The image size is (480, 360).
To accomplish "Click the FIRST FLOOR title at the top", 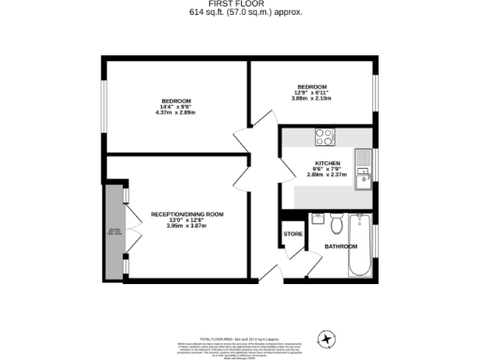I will point(239,5).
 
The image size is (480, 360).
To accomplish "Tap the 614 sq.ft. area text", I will point(239,13).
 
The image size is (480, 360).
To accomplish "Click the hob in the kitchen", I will point(325,137).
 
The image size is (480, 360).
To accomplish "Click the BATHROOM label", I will point(340,247).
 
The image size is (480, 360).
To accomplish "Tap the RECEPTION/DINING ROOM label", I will point(187,215).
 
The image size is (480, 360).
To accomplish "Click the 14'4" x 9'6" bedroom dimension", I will point(175,107).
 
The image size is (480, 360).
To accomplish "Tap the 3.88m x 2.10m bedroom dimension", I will point(312,98).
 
